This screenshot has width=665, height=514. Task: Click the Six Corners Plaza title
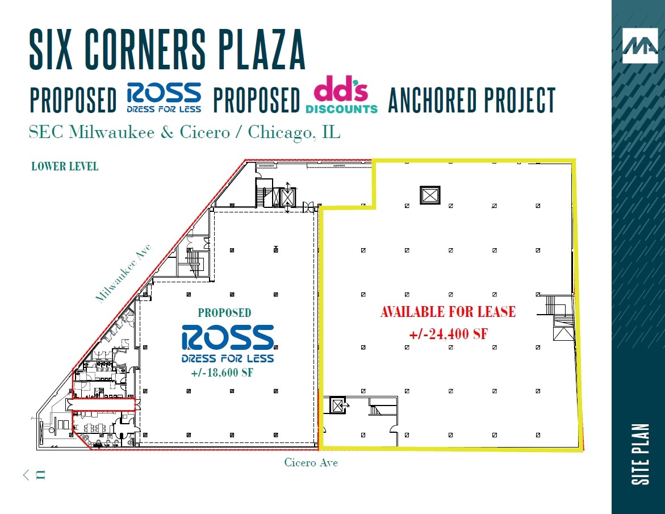[168, 51]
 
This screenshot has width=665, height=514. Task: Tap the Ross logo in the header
[164, 98]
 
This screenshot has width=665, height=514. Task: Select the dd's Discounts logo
[341, 98]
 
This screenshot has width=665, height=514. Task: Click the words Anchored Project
[471, 101]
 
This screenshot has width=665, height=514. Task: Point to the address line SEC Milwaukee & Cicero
[185, 132]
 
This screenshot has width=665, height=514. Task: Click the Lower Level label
[65, 166]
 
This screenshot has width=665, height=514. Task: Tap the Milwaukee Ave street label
[123, 273]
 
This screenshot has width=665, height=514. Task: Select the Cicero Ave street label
[311, 463]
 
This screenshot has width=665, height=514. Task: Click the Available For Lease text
[447, 312]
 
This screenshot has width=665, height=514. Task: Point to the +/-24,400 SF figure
[447, 334]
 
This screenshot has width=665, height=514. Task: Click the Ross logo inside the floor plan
[228, 343]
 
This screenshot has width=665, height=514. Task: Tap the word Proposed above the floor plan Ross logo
[224, 312]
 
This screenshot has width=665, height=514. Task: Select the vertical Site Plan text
[640, 454]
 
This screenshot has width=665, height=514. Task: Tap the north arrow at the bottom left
[34, 475]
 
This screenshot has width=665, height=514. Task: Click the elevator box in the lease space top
[429, 195]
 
